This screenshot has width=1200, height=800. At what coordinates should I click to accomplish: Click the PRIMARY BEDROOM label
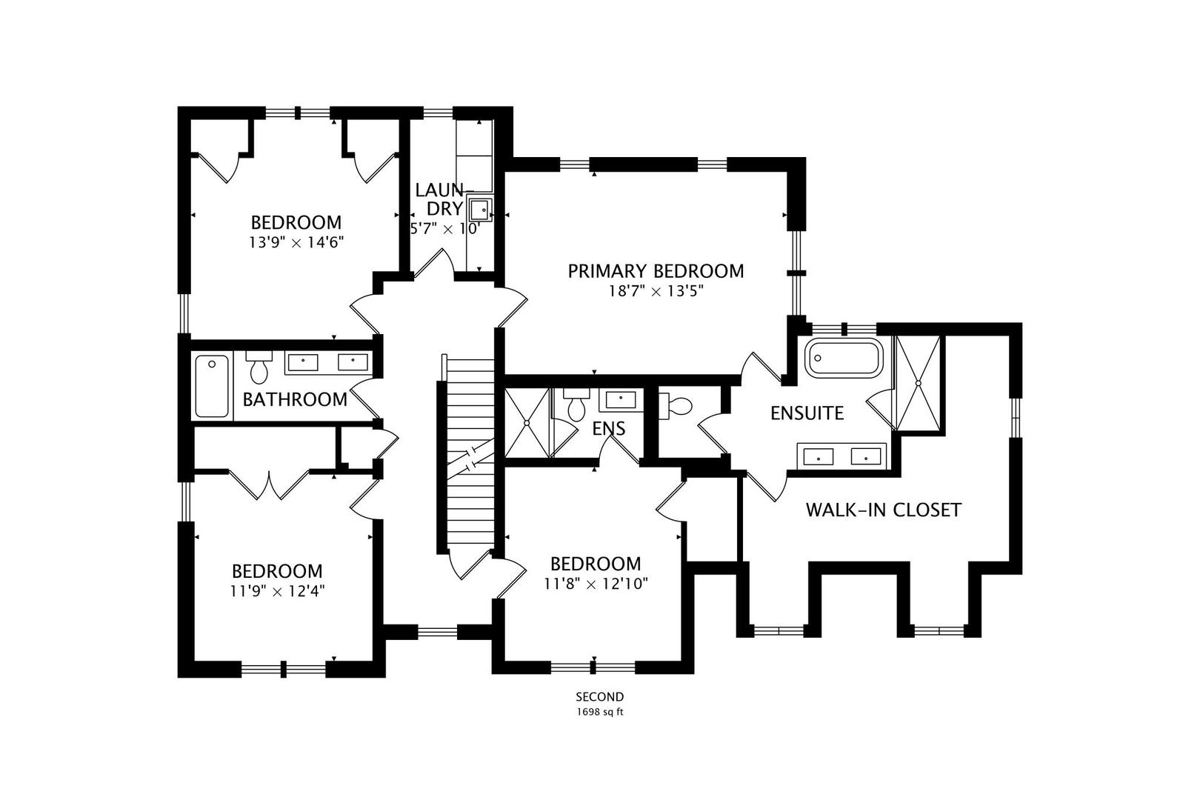[x=656, y=271]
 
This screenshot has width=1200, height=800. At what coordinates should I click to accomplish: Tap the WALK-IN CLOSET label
[x=884, y=510]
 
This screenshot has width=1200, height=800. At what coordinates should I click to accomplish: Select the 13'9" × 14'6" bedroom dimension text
[x=296, y=243]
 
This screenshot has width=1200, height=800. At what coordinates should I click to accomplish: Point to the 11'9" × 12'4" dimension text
[x=278, y=591]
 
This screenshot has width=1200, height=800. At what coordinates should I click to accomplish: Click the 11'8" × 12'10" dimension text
[x=596, y=584]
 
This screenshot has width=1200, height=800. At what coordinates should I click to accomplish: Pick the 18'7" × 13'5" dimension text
[x=656, y=291]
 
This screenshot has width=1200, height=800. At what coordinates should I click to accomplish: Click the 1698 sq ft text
[x=600, y=712]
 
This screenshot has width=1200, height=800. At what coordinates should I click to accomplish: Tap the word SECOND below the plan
[x=600, y=697]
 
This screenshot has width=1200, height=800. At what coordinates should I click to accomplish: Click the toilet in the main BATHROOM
[x=259, y=367]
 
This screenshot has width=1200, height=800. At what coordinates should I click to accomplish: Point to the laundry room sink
[x=480, y=210]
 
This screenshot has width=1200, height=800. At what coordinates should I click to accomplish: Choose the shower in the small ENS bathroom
[x=527, y=423]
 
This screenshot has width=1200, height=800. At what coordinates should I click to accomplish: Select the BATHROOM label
[x=295, y=400]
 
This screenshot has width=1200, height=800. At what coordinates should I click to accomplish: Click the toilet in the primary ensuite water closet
[x=676, y=406]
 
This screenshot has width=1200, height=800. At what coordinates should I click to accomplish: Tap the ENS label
[x=609, y=429]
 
